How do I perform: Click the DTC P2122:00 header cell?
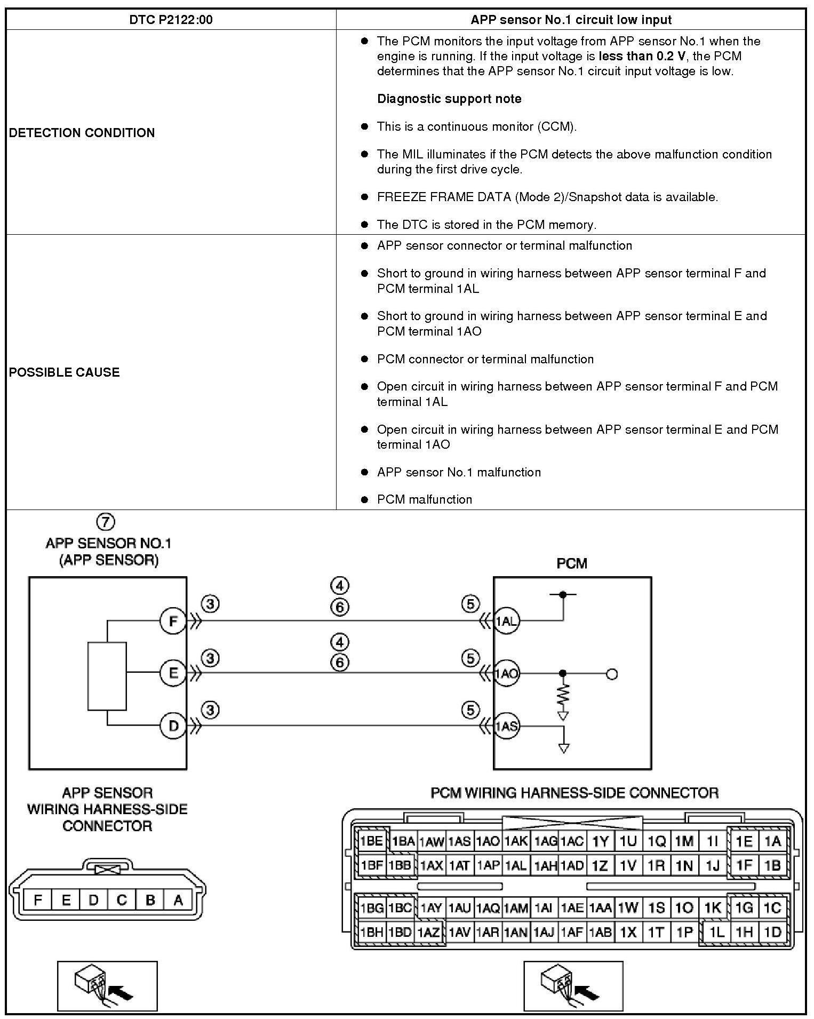(x=171, y=20)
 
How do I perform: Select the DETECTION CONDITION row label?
(x=82, y=132)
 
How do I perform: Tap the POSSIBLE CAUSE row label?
(x=64, y=372)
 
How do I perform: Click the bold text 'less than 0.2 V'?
(x=642, y=56)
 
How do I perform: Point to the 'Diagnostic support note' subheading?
(x=449, y=99)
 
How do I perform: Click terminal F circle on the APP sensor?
(x=173, y=621)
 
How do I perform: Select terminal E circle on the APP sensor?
(x=173, y=673)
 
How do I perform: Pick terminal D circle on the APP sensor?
(x=173, y=726)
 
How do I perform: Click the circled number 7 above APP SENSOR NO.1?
(x=106, y=521)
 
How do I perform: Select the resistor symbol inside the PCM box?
(x=563, y=695)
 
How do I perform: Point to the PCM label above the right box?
(x=572, y=563)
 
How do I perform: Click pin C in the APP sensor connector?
(x=122, y=900)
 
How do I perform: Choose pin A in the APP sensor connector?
(x=178, y=900)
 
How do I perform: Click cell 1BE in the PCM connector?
(x=371, y=841)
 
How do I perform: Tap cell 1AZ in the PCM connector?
(x=428, y=933)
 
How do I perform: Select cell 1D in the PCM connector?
(x=772, y=932)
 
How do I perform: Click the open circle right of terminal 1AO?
(x=612, y=674)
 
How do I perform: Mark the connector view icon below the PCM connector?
(x=573, y=986)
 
